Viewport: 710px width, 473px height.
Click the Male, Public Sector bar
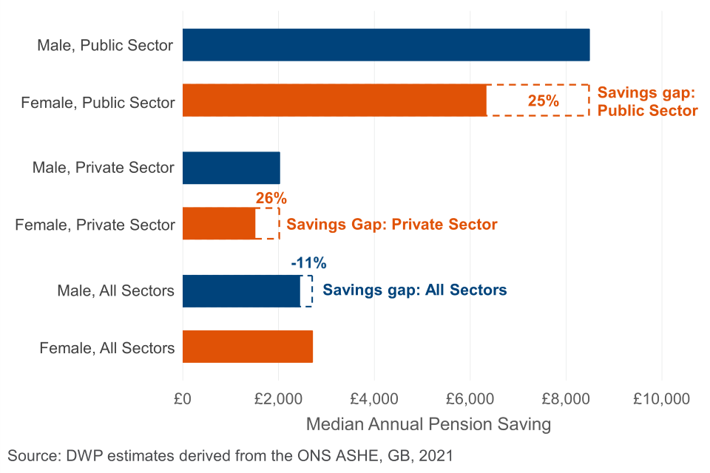385,44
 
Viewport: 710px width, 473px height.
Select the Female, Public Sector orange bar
334,101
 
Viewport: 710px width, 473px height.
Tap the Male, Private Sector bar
231,168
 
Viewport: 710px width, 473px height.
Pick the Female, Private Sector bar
219,223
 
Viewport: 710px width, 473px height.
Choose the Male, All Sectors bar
241,290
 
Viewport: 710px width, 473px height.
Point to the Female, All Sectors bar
247,347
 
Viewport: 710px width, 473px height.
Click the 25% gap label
543,101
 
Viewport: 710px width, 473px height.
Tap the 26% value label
271,198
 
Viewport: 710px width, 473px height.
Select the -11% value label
308,263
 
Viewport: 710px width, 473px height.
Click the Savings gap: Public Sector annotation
647,101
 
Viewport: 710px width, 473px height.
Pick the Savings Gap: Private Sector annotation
391,224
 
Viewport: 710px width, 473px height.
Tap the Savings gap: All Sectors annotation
415,290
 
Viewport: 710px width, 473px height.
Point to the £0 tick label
183,399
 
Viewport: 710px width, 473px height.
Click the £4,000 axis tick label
374,399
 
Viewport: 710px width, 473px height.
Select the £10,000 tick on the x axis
661,399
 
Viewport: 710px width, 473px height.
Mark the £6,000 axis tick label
470,399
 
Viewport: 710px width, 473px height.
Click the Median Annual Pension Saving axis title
428,425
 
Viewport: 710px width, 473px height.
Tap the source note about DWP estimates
230,455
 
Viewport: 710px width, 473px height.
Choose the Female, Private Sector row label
95,224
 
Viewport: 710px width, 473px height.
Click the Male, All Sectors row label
116,290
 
